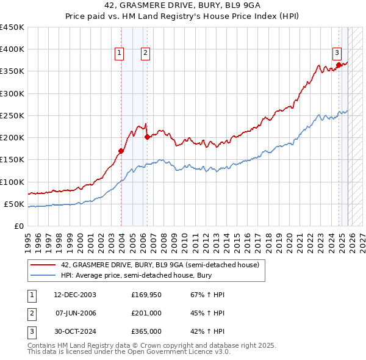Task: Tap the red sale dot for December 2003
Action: (x=121, y=151)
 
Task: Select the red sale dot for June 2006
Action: (x=147, y=137)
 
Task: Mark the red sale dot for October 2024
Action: (x=339, y=65)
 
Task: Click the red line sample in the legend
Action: (x=43, y=265)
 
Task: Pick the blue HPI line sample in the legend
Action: (x=43, y=276)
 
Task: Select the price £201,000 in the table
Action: (x=146, y=313)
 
